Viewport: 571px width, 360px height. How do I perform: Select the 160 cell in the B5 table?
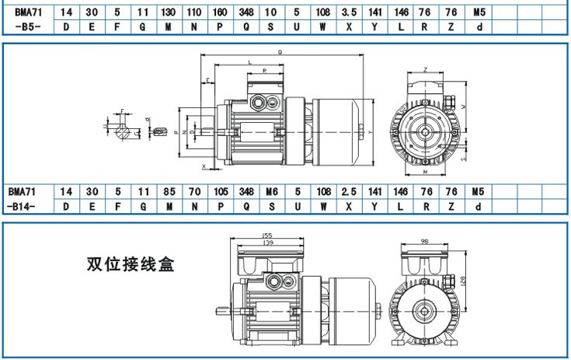pos(221,13)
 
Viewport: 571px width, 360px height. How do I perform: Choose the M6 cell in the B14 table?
pos(272,191)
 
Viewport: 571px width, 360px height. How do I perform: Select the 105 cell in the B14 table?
pos(221,191)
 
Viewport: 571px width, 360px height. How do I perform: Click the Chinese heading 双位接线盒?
pos(130,264)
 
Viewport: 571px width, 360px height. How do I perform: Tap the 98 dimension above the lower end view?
pos(424,242)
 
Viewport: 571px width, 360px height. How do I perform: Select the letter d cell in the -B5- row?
pos(479,27)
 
